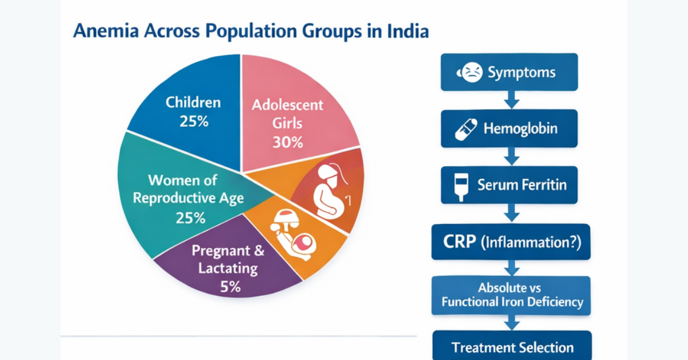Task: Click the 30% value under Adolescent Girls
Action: coord(287,142)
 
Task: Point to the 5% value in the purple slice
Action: coord(230,287)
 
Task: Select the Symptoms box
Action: coord(509,72)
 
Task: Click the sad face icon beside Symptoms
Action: coord(471,73)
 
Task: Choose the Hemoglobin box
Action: coord(509,128)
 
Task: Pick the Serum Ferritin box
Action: coord(509,185)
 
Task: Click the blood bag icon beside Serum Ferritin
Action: coord(459,185)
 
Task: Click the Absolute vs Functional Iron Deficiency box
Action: coord(509,295)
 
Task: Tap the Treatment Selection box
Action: coord(512,346)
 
